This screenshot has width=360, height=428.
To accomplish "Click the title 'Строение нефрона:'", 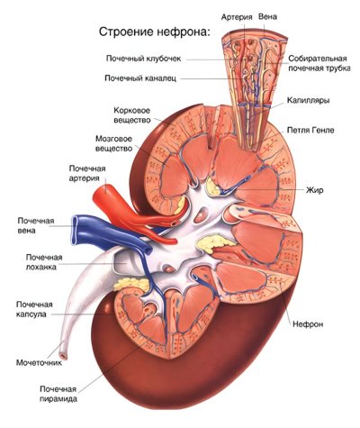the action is coord(155,32).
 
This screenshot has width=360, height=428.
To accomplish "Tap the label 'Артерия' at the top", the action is coord(237,17).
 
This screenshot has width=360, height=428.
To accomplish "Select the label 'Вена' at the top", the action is coord(267,16).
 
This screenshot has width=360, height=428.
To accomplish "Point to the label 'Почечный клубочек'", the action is coord(143,59).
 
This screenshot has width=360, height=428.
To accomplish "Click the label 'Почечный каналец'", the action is coord(140,78).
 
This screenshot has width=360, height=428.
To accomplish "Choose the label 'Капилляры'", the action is coord(309,100).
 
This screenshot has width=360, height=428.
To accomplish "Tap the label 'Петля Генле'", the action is coord(310,130).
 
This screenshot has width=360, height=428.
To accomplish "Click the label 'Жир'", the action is coord(315,190).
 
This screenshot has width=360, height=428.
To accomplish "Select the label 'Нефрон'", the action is coord(308,324).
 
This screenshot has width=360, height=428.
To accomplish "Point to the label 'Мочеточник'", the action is coord(39,362).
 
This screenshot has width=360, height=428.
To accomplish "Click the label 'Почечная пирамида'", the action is coord(58,394).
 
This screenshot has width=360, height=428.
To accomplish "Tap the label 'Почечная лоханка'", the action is coord(44,262).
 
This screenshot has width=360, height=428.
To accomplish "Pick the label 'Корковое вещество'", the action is coord(132,115).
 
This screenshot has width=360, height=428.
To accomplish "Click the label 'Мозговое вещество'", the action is coord(113,143).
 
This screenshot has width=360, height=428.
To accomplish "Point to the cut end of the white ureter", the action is coord(63,357).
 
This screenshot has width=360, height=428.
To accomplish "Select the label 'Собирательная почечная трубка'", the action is coord(319,63).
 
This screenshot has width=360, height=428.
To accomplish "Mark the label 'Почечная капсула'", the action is coord(35,309).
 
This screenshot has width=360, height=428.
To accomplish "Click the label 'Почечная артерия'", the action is coord(87,173).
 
